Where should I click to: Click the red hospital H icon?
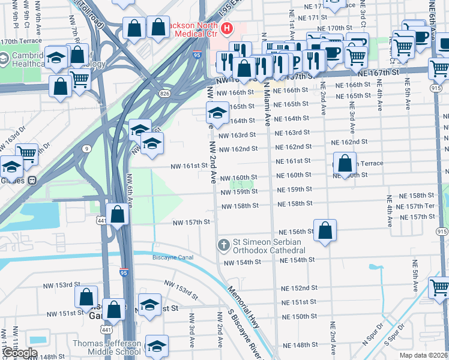coord(227,28)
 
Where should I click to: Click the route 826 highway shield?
coord(164,94)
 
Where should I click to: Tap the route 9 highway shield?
coord(87,148)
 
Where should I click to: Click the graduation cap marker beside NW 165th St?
coord(217,112)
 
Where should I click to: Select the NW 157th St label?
coord(191,222)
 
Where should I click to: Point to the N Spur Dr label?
coord(373,334)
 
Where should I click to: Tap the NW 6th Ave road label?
coord(129,187)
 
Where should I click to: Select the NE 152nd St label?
coord(299,288)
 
